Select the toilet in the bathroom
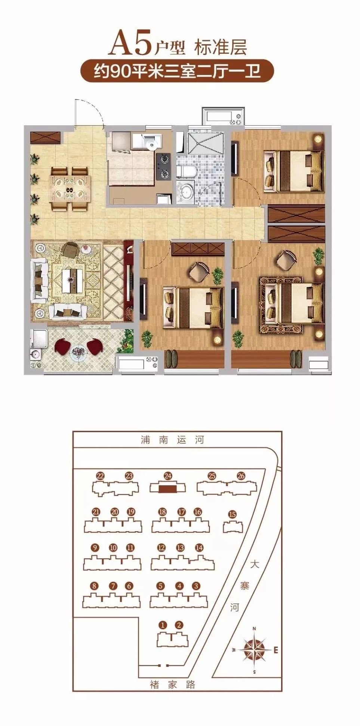(x=186, y=172)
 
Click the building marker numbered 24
(x=168, y=476)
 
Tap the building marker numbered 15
(x=232, y=515)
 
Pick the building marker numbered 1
(x=162, y=625)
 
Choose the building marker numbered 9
(x=95, y=548)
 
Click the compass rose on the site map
(x=254, y=650)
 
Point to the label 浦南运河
(x=172, y=440)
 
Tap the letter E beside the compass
(x=276, y=650)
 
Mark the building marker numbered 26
(x=241, y=476)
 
